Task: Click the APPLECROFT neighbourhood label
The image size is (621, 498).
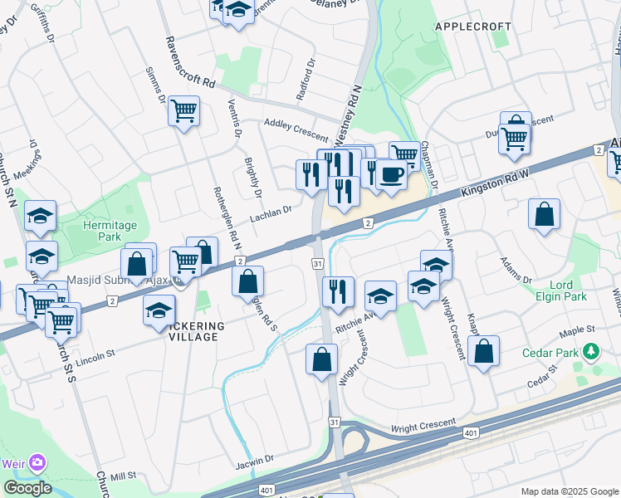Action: pyautogui.click(x=473, y=27)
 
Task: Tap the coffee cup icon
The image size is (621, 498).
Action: pyautogui.click(x=392, y=174)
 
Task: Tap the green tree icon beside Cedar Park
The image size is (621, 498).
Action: pyautogui.click(x=591, y=353)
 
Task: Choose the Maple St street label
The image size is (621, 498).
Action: pyautogui.click(x=579, y=330)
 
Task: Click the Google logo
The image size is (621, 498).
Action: pyautogui.click(x=27, y=488)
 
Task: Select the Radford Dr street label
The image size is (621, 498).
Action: pyautogui.click(x=306, y=79)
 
